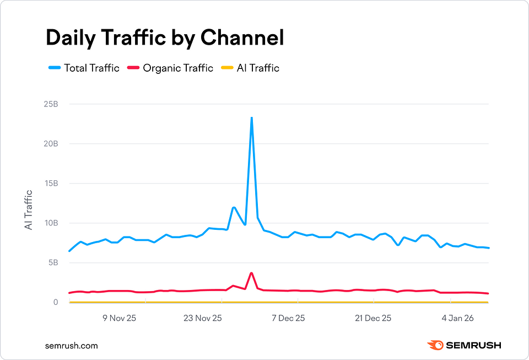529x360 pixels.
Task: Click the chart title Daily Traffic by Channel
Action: (x=164, y=37)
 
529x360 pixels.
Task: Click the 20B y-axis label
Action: (x=51, y=143)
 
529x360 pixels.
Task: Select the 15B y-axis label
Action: (x=51, y=183)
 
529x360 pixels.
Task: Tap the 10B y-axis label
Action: (x=51, y=223)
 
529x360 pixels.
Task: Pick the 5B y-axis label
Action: (x=52, y=262)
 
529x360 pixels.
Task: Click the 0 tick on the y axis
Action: (x=56, y=302)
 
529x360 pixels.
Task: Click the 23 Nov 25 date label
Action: (x=202, y=318)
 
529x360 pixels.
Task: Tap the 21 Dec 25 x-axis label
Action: (x=373, y=318)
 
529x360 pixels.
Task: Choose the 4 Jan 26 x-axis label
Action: (x=458, y=318)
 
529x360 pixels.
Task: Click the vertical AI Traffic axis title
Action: (x=29, y=209)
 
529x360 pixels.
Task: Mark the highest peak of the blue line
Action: (x=251, y=117)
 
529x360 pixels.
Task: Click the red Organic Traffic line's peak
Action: (x=251, y=273)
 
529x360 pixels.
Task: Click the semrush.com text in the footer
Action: (x=72, y=346)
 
